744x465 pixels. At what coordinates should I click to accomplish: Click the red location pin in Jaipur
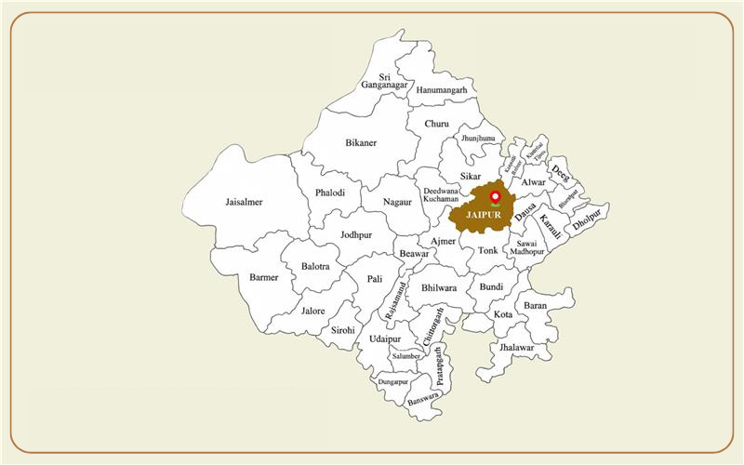click(495, 197)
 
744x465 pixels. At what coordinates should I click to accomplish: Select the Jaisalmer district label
click(244, 202)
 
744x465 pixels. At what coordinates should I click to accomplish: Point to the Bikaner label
click(361, 143)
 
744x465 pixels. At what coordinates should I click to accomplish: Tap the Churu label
click(436, 124)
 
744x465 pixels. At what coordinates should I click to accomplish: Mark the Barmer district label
click(264, 277)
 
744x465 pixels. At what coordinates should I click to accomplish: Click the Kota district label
click(503, 314)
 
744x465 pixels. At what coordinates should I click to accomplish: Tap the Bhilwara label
click(439, 288)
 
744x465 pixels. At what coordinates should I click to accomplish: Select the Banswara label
click(423, 397)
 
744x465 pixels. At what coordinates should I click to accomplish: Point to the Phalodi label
click(330, 193)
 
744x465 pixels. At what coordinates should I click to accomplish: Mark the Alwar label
click(534, 182)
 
